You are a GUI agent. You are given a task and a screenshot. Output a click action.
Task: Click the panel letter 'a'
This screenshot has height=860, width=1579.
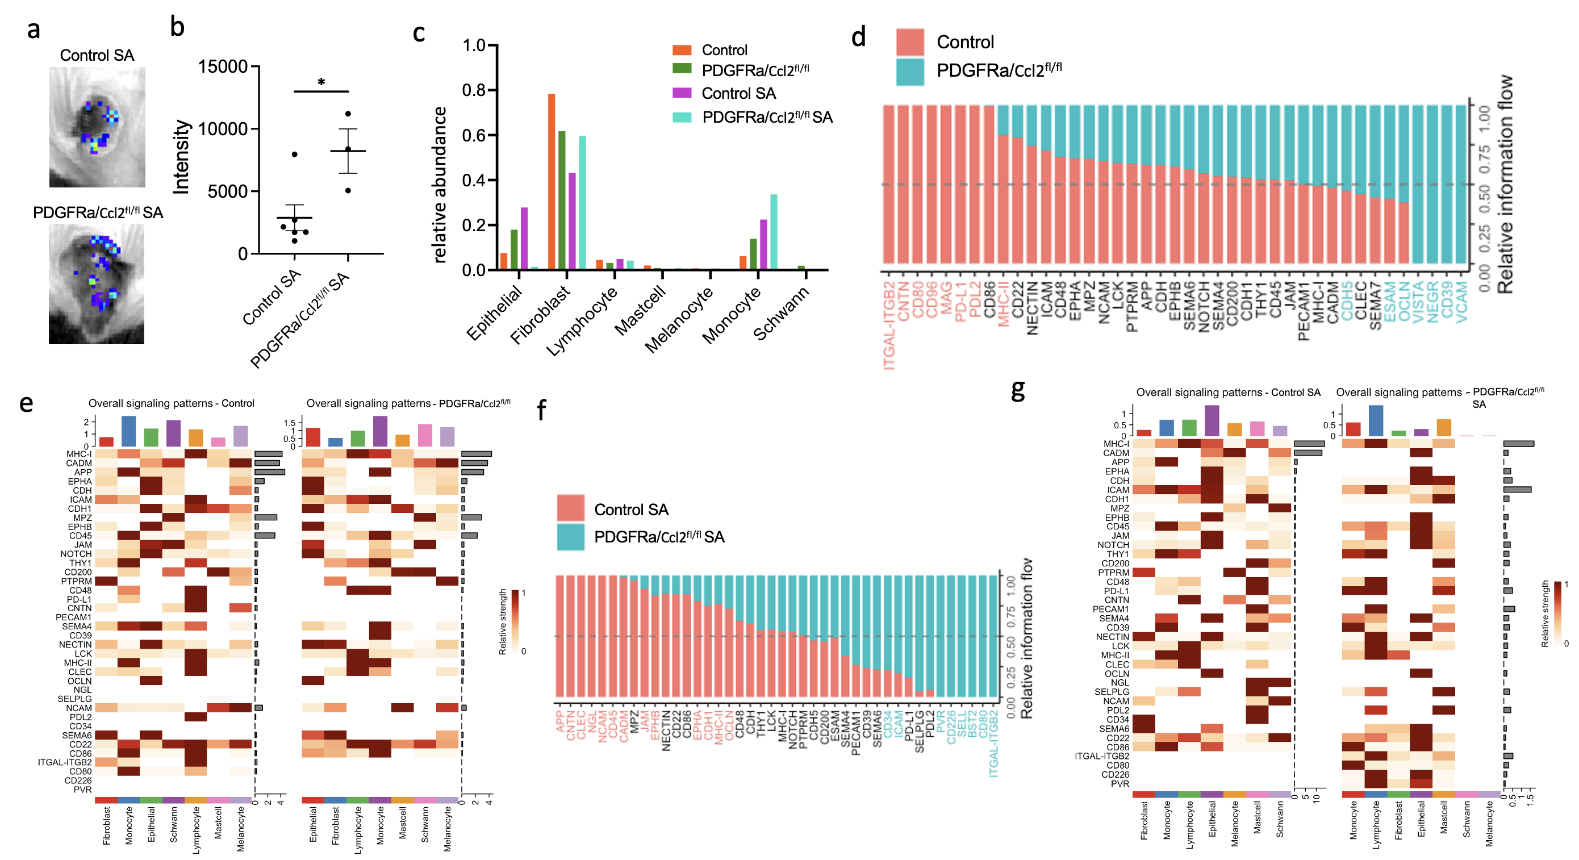click(34, 30)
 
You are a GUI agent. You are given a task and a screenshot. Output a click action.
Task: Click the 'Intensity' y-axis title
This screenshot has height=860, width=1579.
click(181, 157)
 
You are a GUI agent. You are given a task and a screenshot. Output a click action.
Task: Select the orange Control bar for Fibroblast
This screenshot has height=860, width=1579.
click(552, 181)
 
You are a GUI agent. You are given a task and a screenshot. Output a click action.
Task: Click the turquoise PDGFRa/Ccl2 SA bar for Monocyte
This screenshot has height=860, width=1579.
click(774, 232)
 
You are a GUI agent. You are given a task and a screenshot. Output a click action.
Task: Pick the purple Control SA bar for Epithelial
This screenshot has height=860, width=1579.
click(524, 238)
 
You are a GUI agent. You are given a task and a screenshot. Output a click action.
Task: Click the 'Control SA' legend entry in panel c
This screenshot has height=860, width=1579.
click(738, 93)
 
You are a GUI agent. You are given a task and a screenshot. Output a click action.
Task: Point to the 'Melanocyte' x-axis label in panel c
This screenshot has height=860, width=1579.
click(679, 319)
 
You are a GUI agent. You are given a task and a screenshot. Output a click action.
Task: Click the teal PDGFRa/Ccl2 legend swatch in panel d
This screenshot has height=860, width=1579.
click(910, 72)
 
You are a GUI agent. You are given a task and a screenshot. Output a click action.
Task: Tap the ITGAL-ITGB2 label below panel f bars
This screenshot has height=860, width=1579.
click(993, 742)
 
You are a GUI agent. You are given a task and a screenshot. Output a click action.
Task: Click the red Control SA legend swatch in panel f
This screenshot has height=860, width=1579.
click(570, 508)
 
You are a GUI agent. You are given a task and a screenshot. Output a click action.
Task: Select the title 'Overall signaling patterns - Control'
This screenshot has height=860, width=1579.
click(171, 403)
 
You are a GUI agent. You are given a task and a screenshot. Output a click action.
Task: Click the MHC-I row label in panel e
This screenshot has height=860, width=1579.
click(79, 454)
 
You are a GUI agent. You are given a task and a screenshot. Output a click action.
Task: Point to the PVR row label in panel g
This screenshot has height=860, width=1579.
click(1120, 783)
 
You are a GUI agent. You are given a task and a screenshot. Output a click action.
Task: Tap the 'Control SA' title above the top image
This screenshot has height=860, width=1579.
click(97, 55)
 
